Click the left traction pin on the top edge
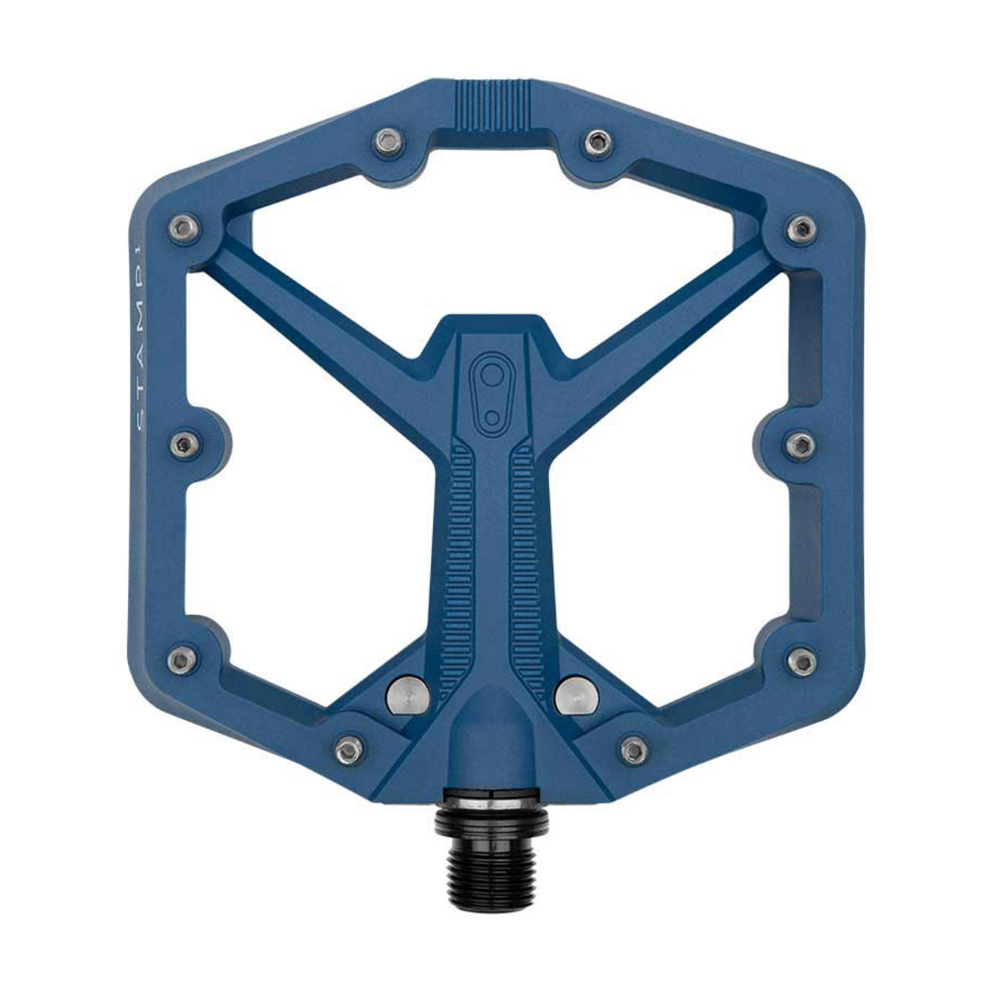pyautogui.click(x=388, y=143)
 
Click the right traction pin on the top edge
pyautogui.click(x=597, y=142)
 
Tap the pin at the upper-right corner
pyautogui.click(x=801, y=229)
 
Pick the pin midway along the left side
pyautogui.click(x=184, y=444)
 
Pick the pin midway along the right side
pyautogui.click(x=800, y=444)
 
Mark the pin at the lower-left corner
pyautogui.click(x=182, y=659)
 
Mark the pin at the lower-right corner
pyautogui.click(x=801, y=659)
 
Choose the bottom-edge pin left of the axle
pyautogui.click(x=349, y=750)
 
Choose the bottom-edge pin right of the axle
pyautogui.click(x=635, y=750)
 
